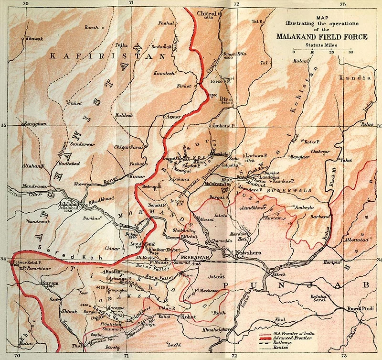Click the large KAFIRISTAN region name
[93, 56]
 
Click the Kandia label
[354, 77]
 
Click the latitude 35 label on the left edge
[4, 125]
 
